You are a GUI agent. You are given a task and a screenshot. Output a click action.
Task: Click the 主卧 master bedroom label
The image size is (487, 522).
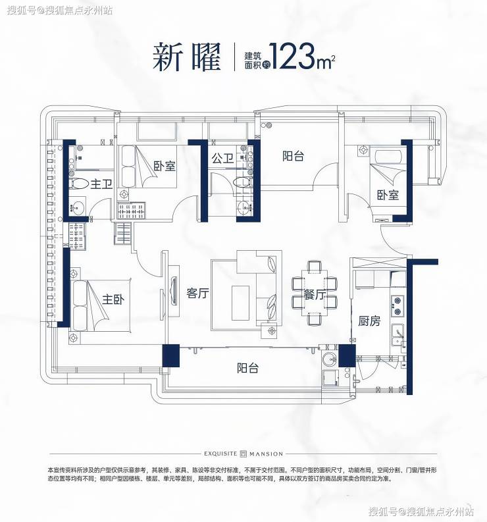pos(113,300)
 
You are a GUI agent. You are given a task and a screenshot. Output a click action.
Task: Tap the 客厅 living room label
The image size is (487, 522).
pos(197,294)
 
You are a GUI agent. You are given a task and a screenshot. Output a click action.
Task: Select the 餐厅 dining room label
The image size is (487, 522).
pos(314,294)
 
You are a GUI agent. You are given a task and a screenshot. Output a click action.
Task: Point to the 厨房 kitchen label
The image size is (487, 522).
pos(369,321)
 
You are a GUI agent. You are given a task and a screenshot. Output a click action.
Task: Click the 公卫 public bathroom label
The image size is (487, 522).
pos(222,158)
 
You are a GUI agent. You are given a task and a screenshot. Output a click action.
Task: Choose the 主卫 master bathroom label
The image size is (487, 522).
pos(101,184)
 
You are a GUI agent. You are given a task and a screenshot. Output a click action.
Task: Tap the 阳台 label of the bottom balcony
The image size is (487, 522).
pos(247,368)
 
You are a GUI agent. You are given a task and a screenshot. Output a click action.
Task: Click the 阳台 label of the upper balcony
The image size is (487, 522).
pos(294,156)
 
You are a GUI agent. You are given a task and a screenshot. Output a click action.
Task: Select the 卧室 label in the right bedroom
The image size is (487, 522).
pos(388,195)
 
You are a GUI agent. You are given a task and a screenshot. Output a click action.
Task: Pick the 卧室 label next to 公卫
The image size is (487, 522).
pos(165,166)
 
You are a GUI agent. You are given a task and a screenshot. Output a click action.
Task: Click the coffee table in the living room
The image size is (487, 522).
pos(240,303)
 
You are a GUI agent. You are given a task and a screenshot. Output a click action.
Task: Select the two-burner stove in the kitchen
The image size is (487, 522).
pos(397,305)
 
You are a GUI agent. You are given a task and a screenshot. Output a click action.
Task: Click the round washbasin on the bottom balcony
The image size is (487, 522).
pos(330,359)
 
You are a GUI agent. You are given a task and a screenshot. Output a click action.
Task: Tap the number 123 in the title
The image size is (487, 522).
pos(294,56)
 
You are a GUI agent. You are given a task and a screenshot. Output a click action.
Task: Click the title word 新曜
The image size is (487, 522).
pos(187,57)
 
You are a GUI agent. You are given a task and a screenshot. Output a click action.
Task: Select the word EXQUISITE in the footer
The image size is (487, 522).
pos(220,454)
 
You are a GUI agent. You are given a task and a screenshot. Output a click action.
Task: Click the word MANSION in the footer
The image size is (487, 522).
pos(267,454)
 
